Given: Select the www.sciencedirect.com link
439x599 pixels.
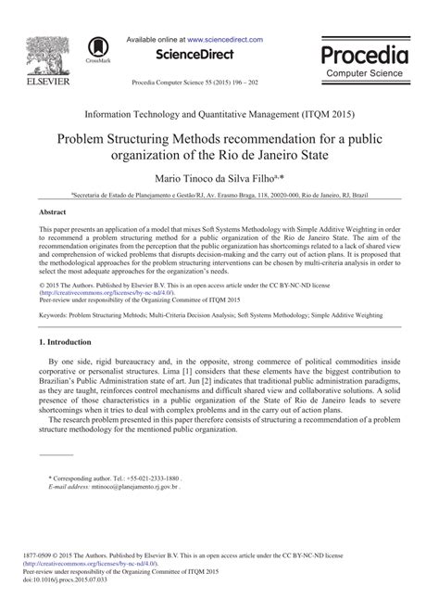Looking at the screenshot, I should click(x=224, y=40).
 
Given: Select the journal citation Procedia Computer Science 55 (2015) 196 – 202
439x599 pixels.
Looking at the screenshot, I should click(x=219, y=82).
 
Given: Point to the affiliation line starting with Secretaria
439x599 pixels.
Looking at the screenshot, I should click(x=219, y=195).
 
